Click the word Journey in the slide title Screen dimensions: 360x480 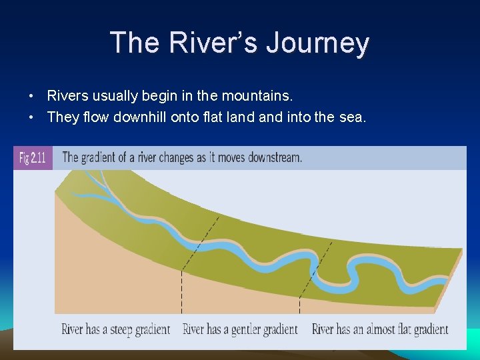tap(317, 43)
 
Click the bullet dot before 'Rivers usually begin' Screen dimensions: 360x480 tap(31, 97)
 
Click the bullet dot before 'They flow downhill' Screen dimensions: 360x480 tap(31, 118)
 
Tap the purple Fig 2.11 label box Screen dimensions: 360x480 tap(33, 158)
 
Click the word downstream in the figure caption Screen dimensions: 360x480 tap(275, 158)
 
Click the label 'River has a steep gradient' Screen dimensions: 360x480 tap(115, 329)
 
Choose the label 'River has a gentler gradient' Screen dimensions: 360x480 tap(240, 329)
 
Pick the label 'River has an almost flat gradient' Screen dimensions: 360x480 tap(380, 329)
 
